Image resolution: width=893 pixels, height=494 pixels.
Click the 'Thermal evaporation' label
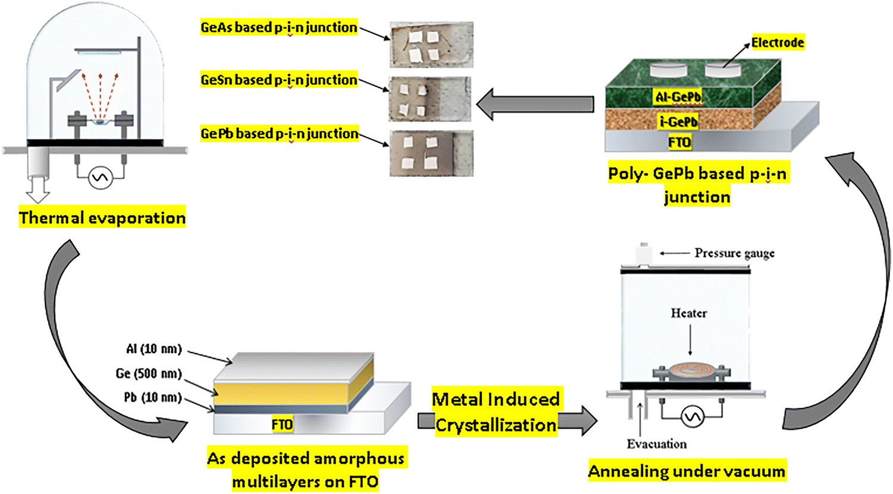point(102,218)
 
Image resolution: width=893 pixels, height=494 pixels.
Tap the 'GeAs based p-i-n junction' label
point(279,27)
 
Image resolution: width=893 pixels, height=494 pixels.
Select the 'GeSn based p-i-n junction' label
point(279,80)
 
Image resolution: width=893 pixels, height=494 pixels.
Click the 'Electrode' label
point(777,43)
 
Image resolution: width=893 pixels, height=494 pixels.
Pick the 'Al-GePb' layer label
point(678,97)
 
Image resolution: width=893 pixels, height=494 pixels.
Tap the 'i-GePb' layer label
point(678,122)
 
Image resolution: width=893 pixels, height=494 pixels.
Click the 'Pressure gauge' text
point(734,253)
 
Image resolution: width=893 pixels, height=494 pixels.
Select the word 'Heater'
point(689,313)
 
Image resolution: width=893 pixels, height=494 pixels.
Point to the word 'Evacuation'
point(656,444)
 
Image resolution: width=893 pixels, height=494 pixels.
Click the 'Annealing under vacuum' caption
point(687,471)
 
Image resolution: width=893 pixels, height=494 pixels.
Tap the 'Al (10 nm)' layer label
point(153,349)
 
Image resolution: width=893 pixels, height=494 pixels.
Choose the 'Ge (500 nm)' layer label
point(148,373)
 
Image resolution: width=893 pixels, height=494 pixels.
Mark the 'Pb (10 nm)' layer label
point(152,397)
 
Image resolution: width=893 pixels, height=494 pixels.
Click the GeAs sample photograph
point(431,45)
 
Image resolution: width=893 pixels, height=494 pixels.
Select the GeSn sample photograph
point(430,99)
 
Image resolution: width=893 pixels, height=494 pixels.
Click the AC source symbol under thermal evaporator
point(100,178)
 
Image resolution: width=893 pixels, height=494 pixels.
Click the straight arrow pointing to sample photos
point(535,104)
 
